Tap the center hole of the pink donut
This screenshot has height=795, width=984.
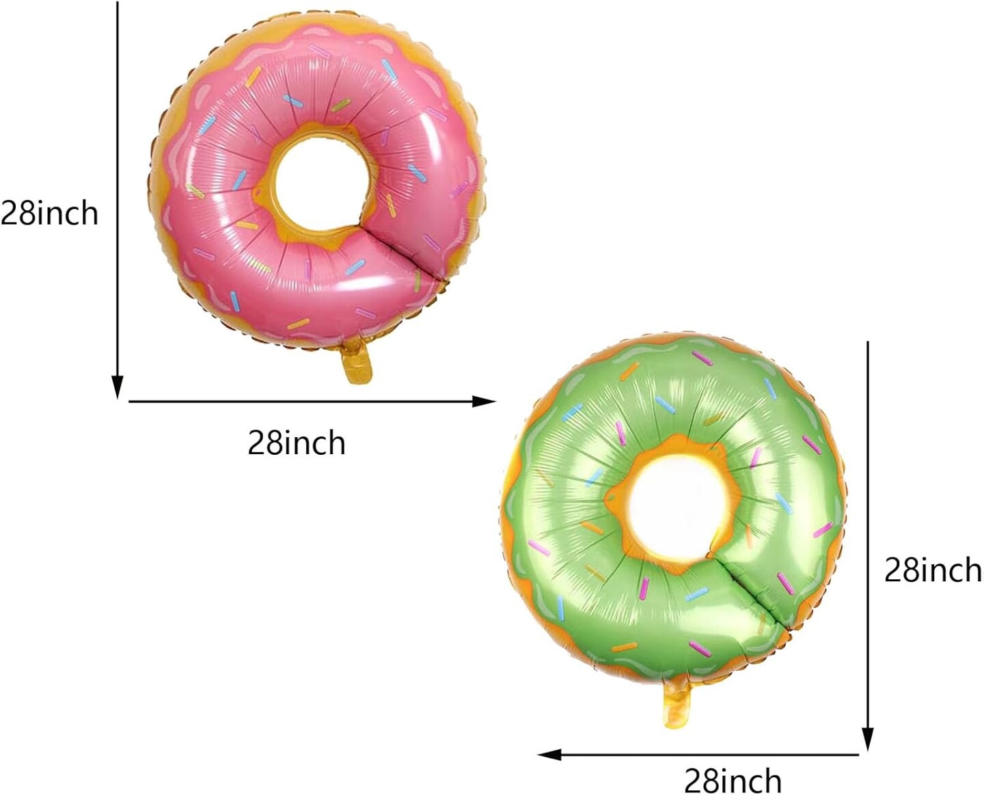pyautogui.click(x=322, y=184)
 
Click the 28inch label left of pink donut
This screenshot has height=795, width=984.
pyautogui.click(x=49, y=213)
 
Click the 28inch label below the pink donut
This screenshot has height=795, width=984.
pyautogui.click(x=297, y=443)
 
